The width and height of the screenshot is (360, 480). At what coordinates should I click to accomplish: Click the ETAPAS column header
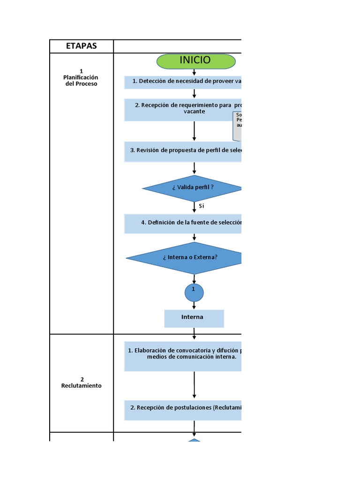(x=81, y=46)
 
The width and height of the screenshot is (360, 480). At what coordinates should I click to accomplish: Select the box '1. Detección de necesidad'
(x=183, y=82)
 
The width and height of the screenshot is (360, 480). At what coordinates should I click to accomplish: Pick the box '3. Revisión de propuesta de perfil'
(x=183, y=151)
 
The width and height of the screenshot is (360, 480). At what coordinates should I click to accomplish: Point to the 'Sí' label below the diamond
(x=202, y=206)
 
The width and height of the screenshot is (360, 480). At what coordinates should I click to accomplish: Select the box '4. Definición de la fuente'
(x=183, y=223)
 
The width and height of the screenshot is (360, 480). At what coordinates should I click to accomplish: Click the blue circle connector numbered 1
(x=194, y=292)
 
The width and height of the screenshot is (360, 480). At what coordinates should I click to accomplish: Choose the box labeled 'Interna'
(x=194, y=318)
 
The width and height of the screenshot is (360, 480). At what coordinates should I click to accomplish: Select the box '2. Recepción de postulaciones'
(x=183, y=408)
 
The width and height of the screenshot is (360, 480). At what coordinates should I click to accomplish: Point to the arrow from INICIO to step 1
(x=194, y=72)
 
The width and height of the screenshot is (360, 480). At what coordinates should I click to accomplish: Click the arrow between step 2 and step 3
(x=194, y=131)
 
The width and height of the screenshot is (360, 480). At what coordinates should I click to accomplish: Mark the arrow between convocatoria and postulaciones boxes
(x=194, y=385)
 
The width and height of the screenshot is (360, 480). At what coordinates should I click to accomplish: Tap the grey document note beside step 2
(x=237, y=126)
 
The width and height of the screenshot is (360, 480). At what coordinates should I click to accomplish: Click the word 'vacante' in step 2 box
(x=194, y=112)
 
